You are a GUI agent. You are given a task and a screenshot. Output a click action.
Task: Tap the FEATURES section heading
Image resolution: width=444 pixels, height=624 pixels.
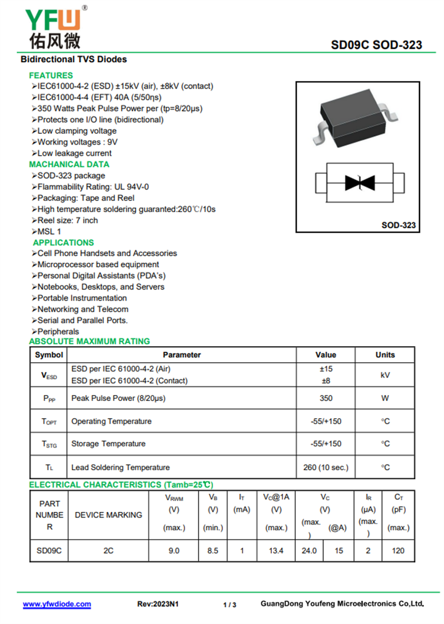pos(51,75)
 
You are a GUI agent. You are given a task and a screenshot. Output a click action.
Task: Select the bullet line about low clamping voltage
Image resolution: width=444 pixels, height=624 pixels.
pos(77,131)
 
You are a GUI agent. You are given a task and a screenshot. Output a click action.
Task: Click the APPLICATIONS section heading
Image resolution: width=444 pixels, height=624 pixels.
pos(63,242)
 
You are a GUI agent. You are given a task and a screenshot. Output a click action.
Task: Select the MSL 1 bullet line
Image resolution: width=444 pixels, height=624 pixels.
pos(49,231)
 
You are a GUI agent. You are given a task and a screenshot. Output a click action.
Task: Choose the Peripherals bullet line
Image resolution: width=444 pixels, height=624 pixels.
pos(58,332)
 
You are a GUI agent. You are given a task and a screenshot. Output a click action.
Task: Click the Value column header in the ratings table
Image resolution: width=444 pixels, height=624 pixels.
pos(326,355)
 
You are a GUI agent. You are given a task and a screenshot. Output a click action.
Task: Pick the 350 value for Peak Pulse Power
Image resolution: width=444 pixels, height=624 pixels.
pos(326,398)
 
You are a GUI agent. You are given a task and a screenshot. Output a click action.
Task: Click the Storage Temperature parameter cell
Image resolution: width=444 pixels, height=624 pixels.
pos(108,444)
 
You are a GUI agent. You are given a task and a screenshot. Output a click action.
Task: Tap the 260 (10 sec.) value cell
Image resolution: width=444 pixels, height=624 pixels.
pos(326,468)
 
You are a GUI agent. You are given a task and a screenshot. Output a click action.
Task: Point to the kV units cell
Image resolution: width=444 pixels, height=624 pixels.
pos(385,375)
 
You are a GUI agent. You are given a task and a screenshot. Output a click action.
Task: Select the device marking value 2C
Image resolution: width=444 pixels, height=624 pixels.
pos(108,551)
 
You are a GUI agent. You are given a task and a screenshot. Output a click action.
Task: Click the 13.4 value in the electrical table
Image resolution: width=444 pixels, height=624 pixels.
pos(276,551)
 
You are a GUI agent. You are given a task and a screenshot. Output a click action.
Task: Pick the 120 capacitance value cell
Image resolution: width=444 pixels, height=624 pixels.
pos(398,551)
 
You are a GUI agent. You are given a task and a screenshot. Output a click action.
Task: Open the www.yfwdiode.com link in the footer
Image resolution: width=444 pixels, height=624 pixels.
pos(57,604)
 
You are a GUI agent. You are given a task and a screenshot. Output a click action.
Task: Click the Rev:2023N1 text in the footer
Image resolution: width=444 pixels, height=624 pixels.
pos(158,604)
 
